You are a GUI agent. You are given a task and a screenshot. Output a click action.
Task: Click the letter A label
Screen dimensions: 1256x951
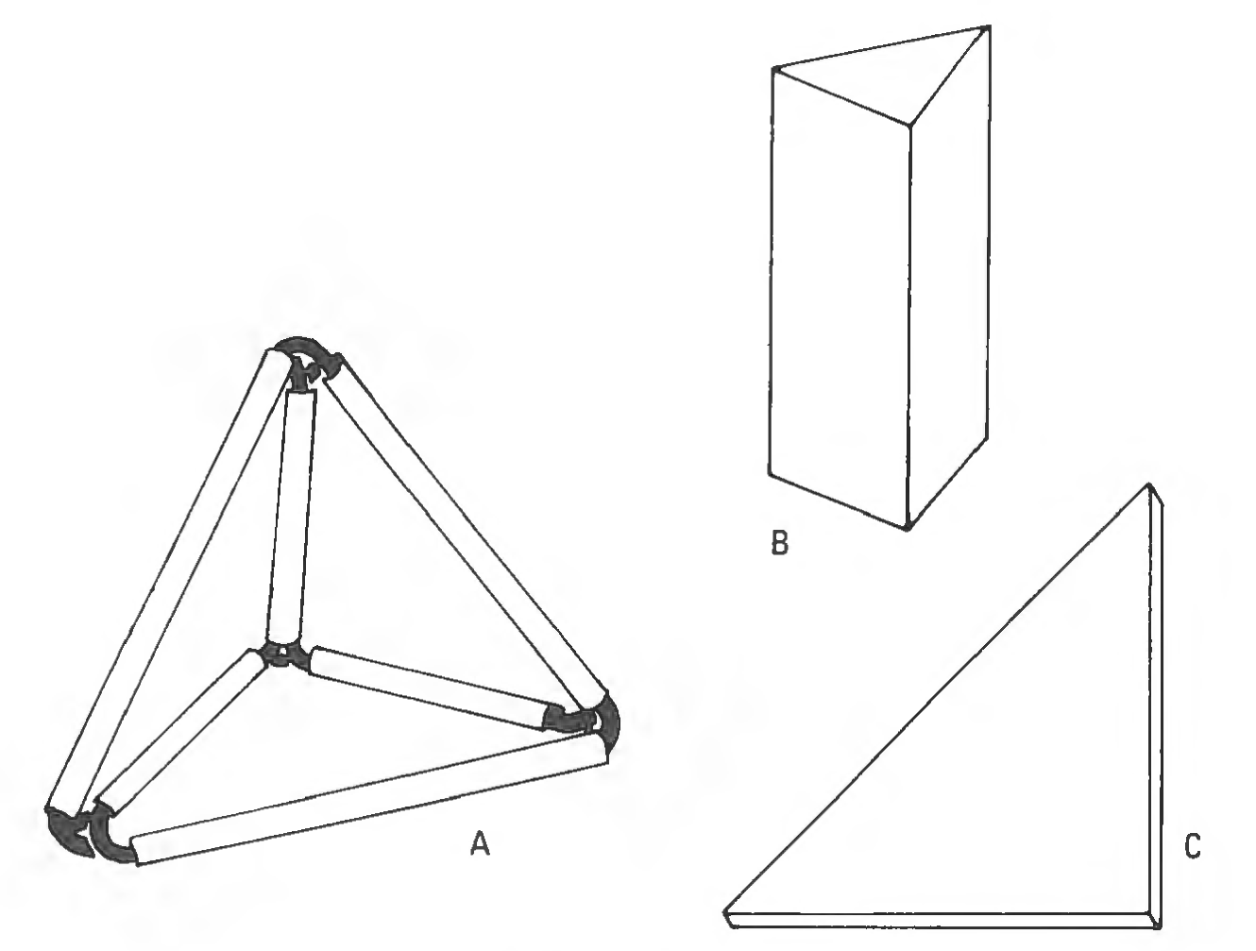click(x=480, y=844)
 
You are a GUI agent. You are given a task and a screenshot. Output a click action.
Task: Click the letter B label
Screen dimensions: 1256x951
click(x=779, y=542)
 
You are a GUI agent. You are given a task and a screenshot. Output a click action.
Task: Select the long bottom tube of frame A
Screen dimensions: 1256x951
click(x=369, y=804)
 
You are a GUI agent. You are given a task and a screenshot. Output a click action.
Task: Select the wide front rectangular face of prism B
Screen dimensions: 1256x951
click(x=840, y=297)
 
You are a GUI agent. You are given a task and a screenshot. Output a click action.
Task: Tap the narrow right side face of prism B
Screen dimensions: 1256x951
click(x=949, y=286)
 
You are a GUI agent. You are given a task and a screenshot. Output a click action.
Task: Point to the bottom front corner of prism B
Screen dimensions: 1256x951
click(x=907, y=528)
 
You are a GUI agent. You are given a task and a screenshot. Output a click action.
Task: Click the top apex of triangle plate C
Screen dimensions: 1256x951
click(x=1149, y=485)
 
